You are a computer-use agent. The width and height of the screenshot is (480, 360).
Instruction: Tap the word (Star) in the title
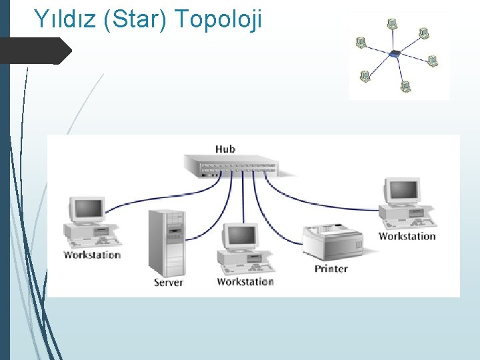click(x=136, y=19)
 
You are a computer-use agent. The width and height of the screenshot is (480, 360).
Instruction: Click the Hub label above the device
click(x=225, y=148)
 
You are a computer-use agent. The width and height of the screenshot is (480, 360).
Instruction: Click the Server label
click(x=168, y=282)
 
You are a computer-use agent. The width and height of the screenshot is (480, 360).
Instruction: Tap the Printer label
click(x=331, y=269)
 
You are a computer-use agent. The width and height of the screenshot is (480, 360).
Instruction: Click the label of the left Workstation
click(x=92, y=255)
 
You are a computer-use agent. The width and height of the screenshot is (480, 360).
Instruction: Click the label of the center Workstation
click(x=245, y=281)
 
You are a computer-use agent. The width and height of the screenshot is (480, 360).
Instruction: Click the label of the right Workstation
click(x=407, y=236)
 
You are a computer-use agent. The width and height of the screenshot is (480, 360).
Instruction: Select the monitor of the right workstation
click(x=402, y=191)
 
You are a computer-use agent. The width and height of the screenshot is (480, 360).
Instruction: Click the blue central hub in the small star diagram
click(x=395, y=54)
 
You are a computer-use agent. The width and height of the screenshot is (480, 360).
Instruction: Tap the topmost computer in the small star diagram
click(x=392, y=24)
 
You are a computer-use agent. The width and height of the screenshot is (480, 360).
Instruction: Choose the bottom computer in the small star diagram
click(x=405, y=86)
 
